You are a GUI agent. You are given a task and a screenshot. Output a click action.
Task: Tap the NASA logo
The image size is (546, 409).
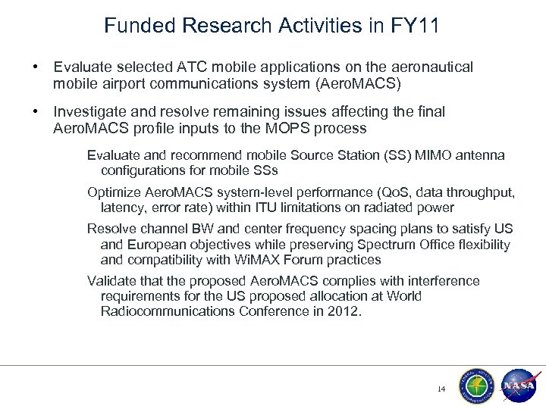(x=518, y=385)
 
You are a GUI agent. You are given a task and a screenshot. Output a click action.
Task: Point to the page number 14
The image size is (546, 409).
(x=441, y=389)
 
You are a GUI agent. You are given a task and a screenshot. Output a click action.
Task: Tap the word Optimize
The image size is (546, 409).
(x=113, y=192)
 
